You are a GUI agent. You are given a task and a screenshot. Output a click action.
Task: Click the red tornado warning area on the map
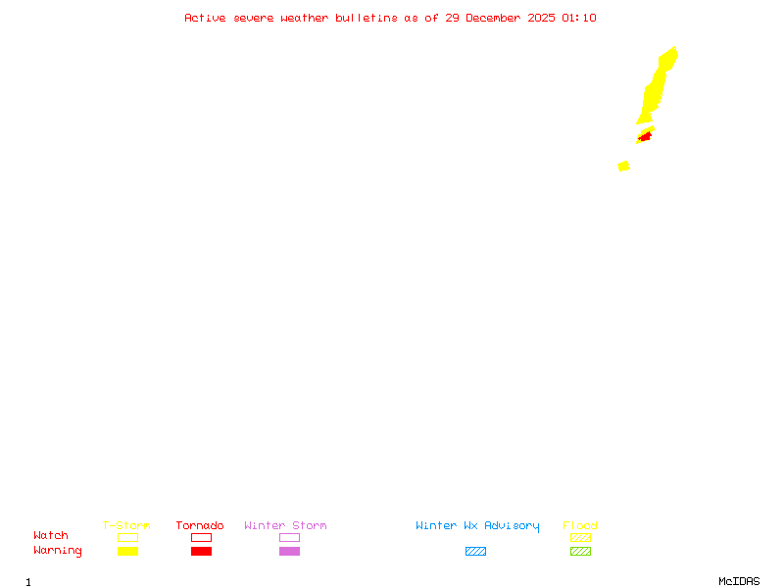point(644,136)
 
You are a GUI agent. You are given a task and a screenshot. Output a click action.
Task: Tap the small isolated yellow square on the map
point(623,166)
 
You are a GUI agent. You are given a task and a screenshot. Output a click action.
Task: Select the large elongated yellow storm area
point(656,87)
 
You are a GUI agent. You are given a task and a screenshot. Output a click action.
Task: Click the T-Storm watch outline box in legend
point(127,537)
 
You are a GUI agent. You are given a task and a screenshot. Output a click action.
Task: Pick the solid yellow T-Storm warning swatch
point(127,551)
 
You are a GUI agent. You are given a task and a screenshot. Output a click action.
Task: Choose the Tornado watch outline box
point(201,537)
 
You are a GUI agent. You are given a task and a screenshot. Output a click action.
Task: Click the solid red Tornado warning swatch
point(201,551)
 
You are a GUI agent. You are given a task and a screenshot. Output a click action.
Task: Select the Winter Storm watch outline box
point(289,537)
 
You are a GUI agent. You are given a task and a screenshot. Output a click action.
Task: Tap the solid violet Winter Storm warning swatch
point(289,551)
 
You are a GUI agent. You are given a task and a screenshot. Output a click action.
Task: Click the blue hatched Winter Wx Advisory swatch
point(475,551)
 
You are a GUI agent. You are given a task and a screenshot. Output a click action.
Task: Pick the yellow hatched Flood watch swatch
point(580,537)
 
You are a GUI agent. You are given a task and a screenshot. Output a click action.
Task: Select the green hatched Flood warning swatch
point(580,551)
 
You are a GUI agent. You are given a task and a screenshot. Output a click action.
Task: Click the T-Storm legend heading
point(126,525)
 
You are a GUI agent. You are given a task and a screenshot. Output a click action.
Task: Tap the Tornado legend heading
point(200,525)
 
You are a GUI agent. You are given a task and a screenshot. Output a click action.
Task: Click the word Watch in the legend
point(51,536)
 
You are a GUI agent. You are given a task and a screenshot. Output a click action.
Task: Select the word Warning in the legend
point(58,551)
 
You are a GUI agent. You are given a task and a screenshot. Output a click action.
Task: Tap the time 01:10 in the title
point(578,18)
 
